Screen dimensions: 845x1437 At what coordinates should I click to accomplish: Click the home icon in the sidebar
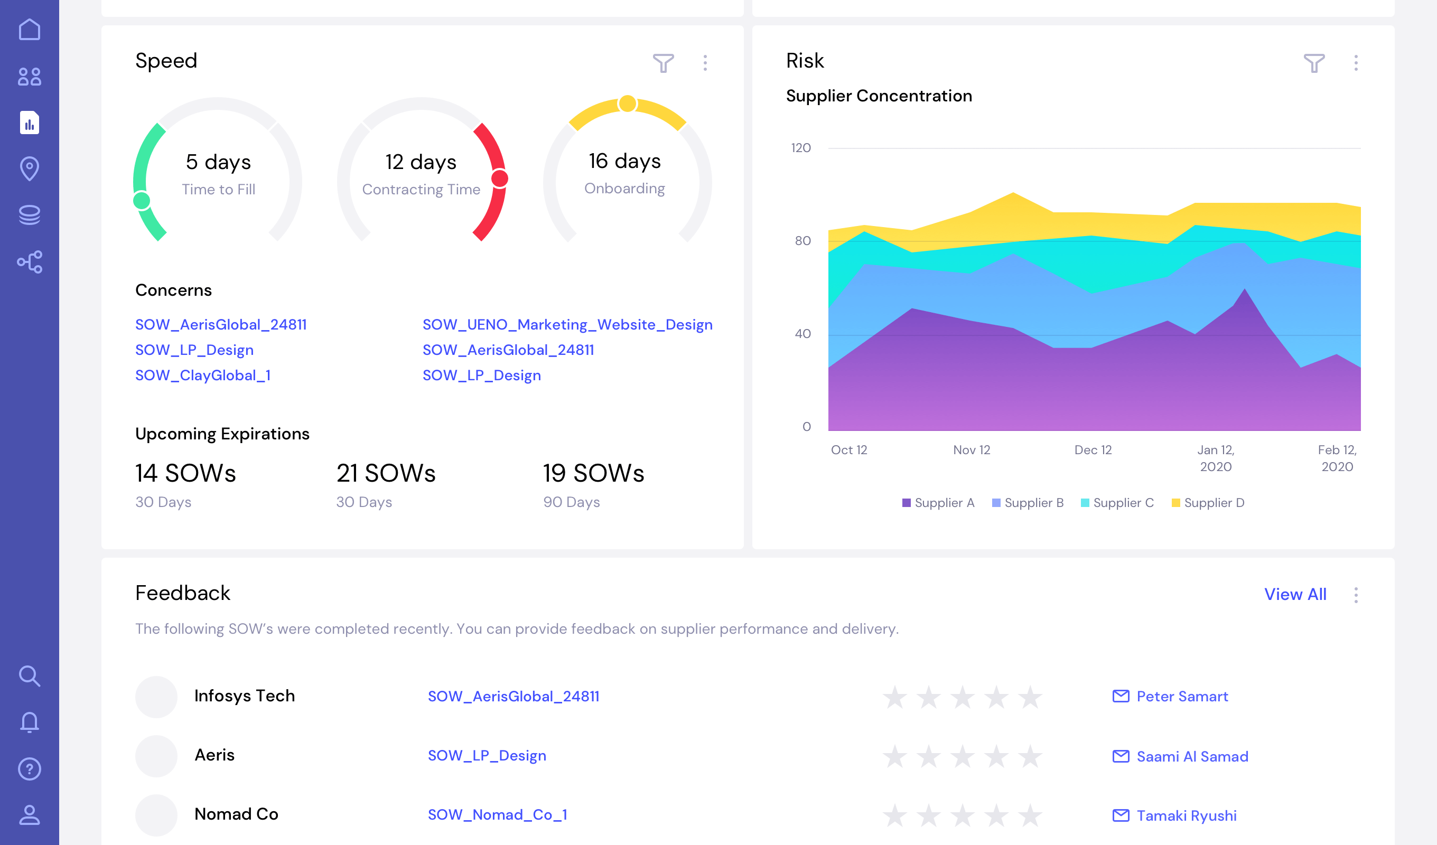click(x=29, y=30)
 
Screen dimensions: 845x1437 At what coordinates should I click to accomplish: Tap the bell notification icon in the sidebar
click(x=29, y=722)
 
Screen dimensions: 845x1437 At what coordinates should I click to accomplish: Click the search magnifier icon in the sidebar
click(x=29, y=676)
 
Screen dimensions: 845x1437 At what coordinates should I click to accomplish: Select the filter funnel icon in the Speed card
click(x=663, y=63)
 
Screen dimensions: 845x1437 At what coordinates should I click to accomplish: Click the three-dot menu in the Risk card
click(x=1356, y=63)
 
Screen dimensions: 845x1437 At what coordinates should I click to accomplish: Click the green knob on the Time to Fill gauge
click(x=142, y=201)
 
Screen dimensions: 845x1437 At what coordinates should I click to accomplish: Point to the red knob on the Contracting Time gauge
click(x=500, y=179)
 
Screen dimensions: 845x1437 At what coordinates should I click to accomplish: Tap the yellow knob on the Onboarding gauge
click(x=627, y=104)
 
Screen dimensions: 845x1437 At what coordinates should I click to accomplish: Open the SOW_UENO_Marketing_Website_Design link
click(x=567, y=324)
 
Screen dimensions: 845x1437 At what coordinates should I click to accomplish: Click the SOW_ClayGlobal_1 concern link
click(x=202, y=375)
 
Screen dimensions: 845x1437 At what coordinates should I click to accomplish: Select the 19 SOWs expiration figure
click(x=593, y=473)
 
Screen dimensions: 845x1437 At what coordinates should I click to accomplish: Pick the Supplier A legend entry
click(x=938, y=503)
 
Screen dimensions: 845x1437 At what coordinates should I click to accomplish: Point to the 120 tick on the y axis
click(x=800, y=148)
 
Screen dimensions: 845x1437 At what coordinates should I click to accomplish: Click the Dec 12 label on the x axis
click(x=1093, y=450)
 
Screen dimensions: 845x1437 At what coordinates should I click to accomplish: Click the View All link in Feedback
click(x=1295, y=594)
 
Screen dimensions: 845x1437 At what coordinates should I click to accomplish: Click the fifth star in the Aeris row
click(x=1030, y=756)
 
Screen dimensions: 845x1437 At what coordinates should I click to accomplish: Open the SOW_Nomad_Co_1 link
click(x=497, y=815)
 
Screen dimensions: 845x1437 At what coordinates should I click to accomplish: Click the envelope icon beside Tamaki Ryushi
click(x=1121, y=815)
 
